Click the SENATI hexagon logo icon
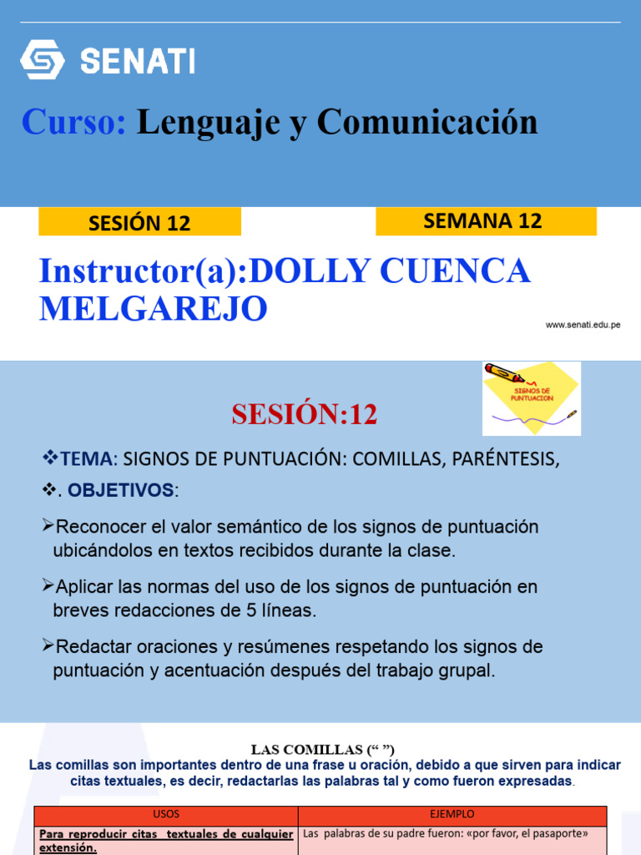click(x=42, y=60)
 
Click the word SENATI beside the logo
click(x=138, y=61)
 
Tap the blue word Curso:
click(x=73, y=122)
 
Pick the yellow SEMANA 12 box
click(x=486, y=221)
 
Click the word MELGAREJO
click(x=153, y=309)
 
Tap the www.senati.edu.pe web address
click(x=583, y=325)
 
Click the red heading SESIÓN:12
click(x=305, y=414)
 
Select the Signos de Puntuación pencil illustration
click(x=532, y=398)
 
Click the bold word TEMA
click(x=86, y=458)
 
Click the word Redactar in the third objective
click(x=88, y=647)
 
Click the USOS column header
click(x=166, y=814)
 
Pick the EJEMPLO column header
click(x=453, y=814)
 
